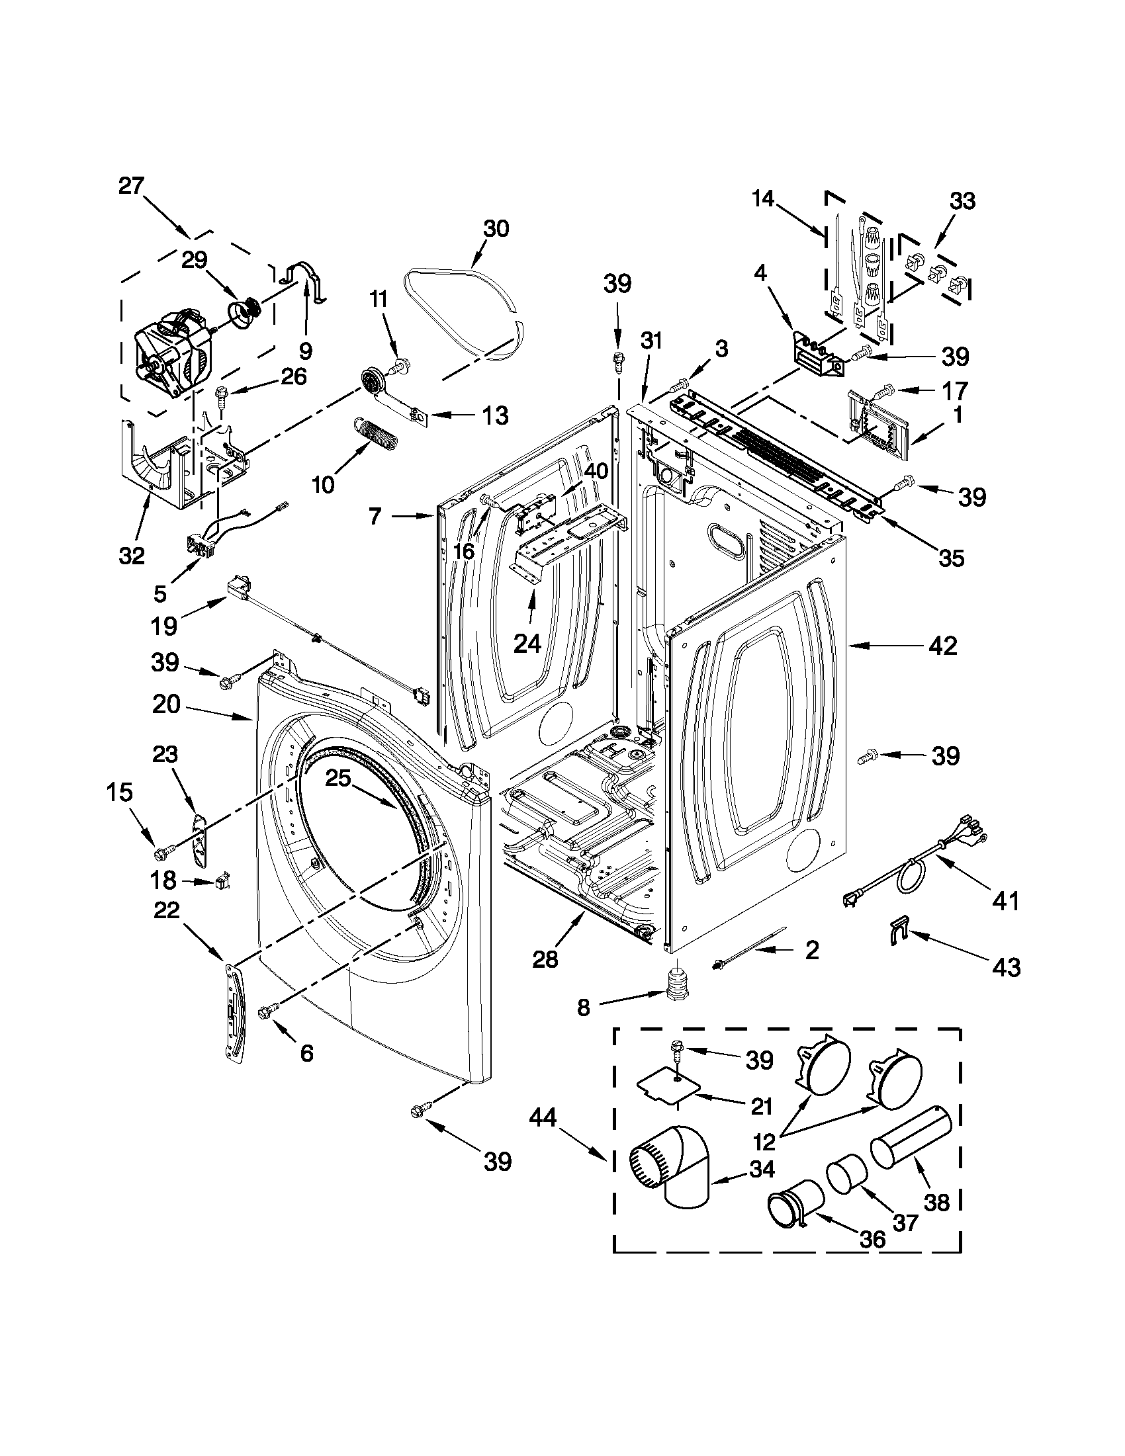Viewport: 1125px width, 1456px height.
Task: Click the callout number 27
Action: pos(132,186)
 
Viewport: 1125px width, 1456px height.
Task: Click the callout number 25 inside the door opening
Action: pos(338,777)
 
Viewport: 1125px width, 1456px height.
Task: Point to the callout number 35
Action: pos(950,558)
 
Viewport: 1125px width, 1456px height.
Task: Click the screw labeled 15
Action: pos(163,852)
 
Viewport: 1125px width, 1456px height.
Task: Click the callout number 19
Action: pos(163,625)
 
